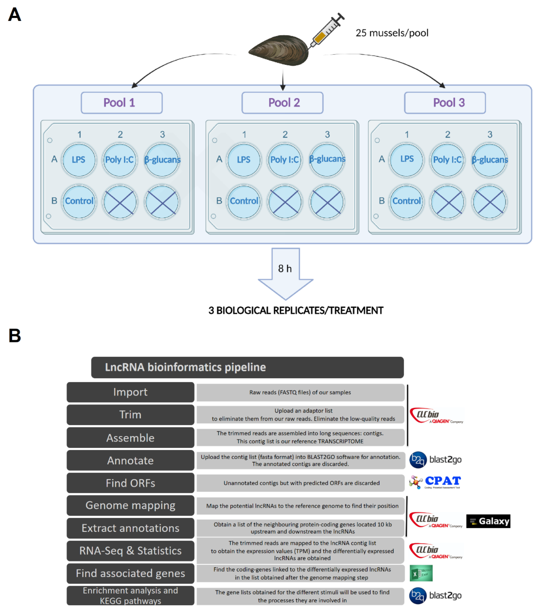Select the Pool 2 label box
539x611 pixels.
point(282,103)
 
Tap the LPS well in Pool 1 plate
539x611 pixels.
point(79,160)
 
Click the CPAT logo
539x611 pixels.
point(435,482)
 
